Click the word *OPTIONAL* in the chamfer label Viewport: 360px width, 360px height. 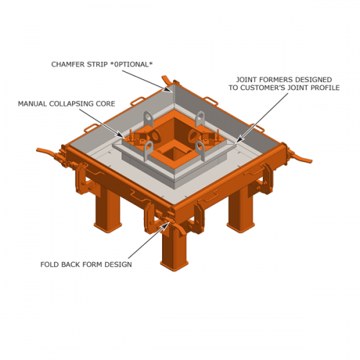pyautogui.click(x=132, y=64)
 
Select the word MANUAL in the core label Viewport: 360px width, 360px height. pyautogui.click(x=35, y=104)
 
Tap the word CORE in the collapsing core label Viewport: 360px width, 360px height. pyautogui.click(x=104, y=104)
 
